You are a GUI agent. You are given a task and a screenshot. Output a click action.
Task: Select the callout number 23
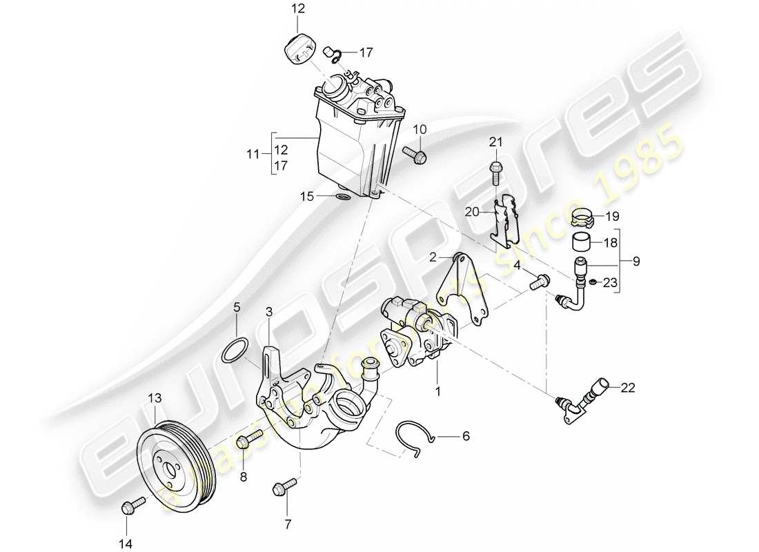[611, 282]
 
